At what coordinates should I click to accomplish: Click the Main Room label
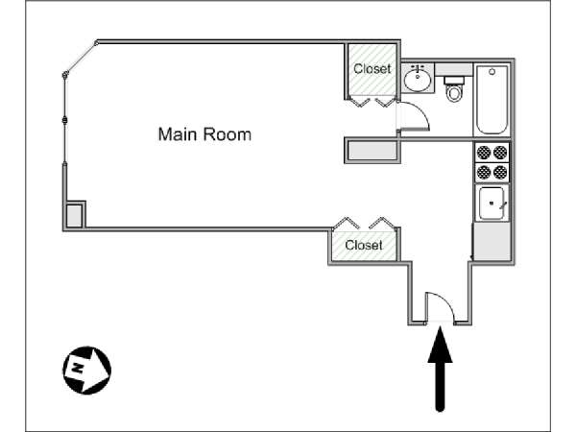(x=204, y=134)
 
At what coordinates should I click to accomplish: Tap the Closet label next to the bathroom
(x=372, y=69)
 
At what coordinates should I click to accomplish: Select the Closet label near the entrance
(x=364, y=245)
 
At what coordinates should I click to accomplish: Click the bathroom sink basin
(x=418, y=80)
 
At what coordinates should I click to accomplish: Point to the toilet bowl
(x=454, y=93)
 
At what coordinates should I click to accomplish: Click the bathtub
(x=492, y=100)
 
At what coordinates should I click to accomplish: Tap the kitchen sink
(x=492, y=204)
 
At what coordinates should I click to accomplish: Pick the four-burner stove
(x=492, y=162)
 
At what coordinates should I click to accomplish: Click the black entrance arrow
(x=440, y=369)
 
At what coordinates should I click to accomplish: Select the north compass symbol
(x=87, y=370)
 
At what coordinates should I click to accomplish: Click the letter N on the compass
(x=77, y=367)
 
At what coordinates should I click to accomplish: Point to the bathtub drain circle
(x=492, y=72)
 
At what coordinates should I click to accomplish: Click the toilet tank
(x=454, y=81)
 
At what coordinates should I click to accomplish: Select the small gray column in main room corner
(x=74, y=215)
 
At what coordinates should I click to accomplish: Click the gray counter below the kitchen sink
(x=492, y=241)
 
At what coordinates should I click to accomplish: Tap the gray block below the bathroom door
(x=372, y=151)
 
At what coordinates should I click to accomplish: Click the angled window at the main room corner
(x=81, y=59)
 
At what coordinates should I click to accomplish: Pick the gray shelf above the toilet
(x=454, y=69)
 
